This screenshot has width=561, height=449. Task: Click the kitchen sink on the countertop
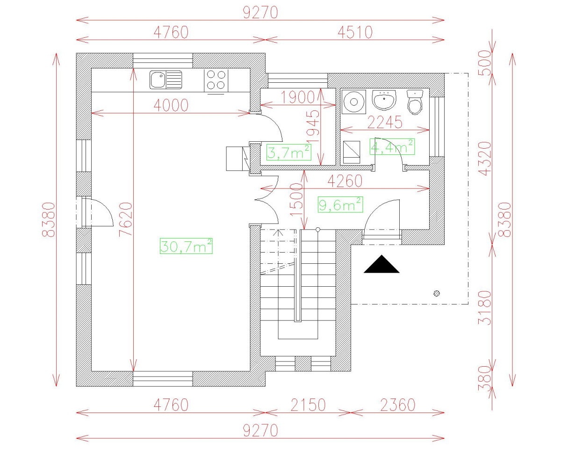point(165,80)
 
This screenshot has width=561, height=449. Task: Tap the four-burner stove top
point(216,80)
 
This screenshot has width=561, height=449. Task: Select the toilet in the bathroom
point(415,102)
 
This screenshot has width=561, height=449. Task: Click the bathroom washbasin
point(384,100)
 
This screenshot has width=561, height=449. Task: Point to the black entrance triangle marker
point(381,264)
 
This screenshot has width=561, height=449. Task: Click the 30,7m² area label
point(186,246)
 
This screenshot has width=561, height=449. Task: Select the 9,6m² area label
point(340,205)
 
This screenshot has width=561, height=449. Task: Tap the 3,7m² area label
point(289,152)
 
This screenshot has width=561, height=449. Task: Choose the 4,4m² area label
point(392,147)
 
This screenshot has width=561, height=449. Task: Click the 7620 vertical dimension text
point(126,219)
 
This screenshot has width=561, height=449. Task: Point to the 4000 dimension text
point(171,105)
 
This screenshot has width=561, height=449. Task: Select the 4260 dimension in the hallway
point(345,181)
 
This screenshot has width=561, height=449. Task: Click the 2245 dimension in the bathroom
point(385,122)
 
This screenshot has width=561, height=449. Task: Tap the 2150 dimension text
point(308,405)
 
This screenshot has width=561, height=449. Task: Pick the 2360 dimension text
point(398,405)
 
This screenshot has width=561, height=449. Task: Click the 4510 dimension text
point(355,33)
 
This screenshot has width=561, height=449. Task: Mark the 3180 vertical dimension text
point(485,308)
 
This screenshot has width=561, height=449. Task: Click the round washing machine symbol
point(354,102)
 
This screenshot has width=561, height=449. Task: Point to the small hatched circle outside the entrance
point(437,294)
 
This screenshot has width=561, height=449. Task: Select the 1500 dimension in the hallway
point(296,200)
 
